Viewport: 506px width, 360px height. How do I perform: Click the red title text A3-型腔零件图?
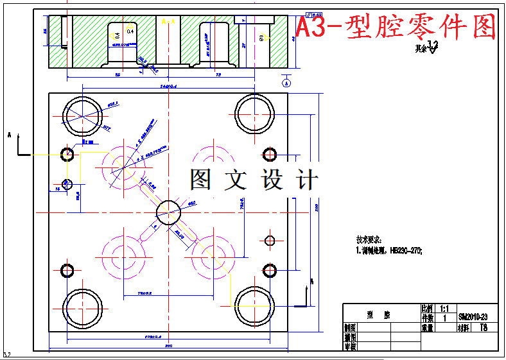(396, 28)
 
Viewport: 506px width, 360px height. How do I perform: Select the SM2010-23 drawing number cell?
(474, 317)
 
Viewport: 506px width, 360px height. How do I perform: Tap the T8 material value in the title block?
(484, 327)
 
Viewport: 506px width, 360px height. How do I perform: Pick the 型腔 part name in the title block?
(378, 315)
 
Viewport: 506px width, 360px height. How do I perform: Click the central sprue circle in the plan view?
(169, 212)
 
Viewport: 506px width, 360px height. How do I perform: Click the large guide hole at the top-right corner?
(254, 113)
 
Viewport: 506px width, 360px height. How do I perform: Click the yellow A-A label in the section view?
(168, 22)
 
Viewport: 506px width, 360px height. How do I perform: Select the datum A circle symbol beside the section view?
(286, 83)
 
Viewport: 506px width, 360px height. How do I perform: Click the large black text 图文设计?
(253, 180)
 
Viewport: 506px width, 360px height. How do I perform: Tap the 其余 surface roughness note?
(427, 47)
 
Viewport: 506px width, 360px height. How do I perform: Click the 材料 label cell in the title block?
(464, 327)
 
